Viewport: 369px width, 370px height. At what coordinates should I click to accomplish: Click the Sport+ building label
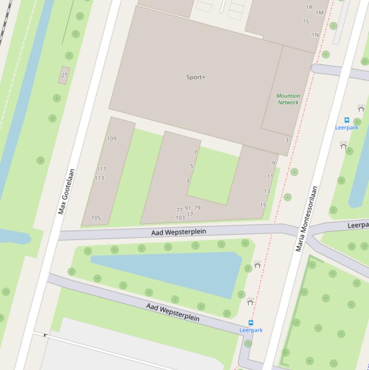click(196, 77)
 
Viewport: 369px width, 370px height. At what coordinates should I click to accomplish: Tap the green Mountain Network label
click(288, 99)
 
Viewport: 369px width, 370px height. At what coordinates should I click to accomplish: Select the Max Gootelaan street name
click(66, 191)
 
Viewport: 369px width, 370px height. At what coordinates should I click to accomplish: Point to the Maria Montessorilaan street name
click(307, 219)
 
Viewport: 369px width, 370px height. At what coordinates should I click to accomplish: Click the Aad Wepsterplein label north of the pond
click(179, 232)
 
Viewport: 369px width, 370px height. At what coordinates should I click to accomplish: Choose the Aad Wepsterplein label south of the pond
click(173, 312)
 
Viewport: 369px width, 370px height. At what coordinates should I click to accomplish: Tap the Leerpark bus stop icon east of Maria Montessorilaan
click(347, 120)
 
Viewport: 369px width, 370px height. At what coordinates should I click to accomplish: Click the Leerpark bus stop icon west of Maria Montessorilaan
click(250, 323)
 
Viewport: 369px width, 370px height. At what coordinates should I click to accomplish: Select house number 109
click(111, 139)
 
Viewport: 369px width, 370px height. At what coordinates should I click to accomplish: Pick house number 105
click(96, 218)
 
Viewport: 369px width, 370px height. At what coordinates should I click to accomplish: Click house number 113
click(99, 178)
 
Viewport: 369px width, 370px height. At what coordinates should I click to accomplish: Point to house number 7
click(195, 152)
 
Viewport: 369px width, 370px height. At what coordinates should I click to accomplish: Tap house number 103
click(180, 218)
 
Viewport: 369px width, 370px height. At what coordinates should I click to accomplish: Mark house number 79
click(197, 208)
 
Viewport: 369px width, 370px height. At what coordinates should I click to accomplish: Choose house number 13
click(267, 191)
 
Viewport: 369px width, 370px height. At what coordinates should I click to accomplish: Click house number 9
click(274, 163)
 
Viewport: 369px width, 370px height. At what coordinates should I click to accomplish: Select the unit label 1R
click(309, 7)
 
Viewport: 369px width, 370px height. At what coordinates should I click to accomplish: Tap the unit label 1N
click(315, 35)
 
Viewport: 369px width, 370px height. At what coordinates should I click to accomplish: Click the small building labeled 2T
click(64, 75)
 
